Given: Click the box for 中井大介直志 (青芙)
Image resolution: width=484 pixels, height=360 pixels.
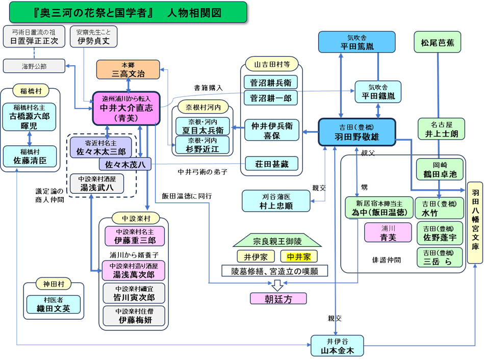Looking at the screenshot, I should pyautogui.click(x=126, y=108).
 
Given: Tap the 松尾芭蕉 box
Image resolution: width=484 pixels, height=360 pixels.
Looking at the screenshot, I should pyautogui.click(x=438, y=42).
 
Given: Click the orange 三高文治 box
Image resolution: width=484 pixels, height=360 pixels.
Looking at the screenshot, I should pyautogui.click(x=129, y=69).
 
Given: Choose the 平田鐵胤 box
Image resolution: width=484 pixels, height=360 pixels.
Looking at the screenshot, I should pyautogui.click(x=378, y=92).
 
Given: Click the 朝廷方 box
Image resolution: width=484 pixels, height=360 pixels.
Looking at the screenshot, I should pyautogui.click(x=278, y=299).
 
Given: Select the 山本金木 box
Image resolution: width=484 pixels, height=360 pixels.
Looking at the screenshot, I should pyautogui.click(x=337, y=346).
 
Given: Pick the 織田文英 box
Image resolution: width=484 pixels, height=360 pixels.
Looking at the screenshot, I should pyautogui.click(x=54, y=304).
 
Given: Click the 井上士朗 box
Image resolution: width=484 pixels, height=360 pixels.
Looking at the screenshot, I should pyautogui.click(x=441, y=129).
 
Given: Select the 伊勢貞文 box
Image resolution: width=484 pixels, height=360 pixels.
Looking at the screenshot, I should pyautogui.click(x=94, y=37).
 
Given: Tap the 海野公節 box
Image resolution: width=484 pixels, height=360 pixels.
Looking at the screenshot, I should pyautogui.click(x=34, y=66).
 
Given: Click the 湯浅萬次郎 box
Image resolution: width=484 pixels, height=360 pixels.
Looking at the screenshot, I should pyautogui.click(x=134, y=270).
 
